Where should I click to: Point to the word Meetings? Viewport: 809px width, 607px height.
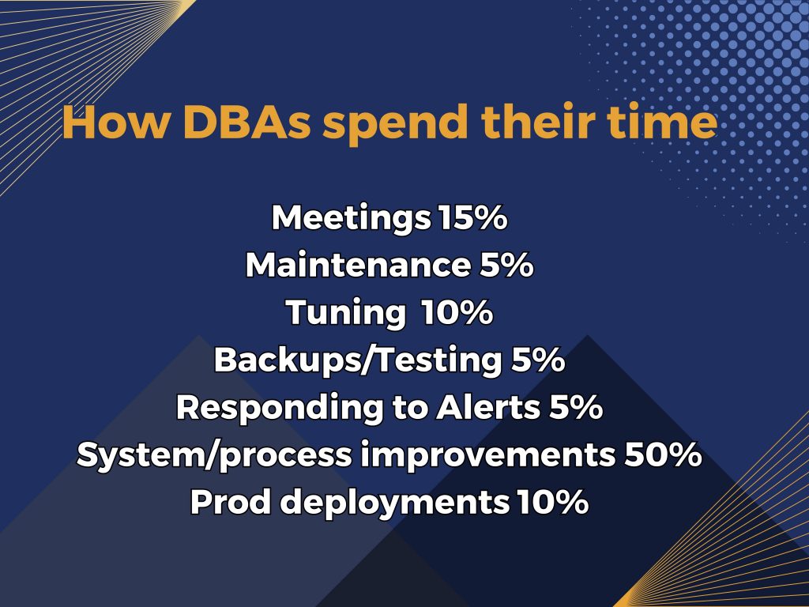click(351, 219)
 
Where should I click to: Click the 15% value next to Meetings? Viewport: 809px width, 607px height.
click(472, 219)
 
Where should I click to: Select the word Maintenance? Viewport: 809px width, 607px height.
click(357, 266)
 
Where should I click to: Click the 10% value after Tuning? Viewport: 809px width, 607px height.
click(457, 313)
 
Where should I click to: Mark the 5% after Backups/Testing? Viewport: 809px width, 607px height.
click(534, 360)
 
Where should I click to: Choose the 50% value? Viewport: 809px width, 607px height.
click(664, 455)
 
